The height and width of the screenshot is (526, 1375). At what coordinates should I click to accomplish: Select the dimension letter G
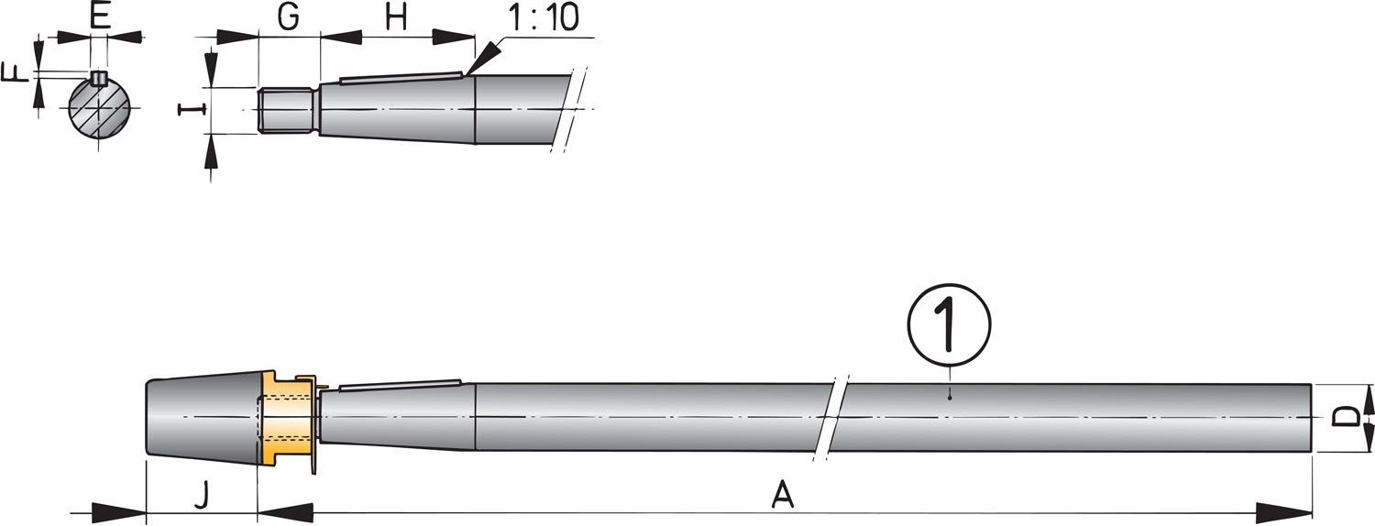click(289, 18)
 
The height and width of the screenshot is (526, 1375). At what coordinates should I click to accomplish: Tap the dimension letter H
click(395, 18)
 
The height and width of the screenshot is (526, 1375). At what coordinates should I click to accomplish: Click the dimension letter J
click(203, 496)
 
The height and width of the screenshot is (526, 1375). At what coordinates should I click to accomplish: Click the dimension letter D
click(1345, 418)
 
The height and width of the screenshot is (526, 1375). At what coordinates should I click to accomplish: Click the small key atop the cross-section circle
click(99, 77)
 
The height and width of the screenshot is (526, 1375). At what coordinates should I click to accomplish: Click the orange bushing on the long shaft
click(286, 417)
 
